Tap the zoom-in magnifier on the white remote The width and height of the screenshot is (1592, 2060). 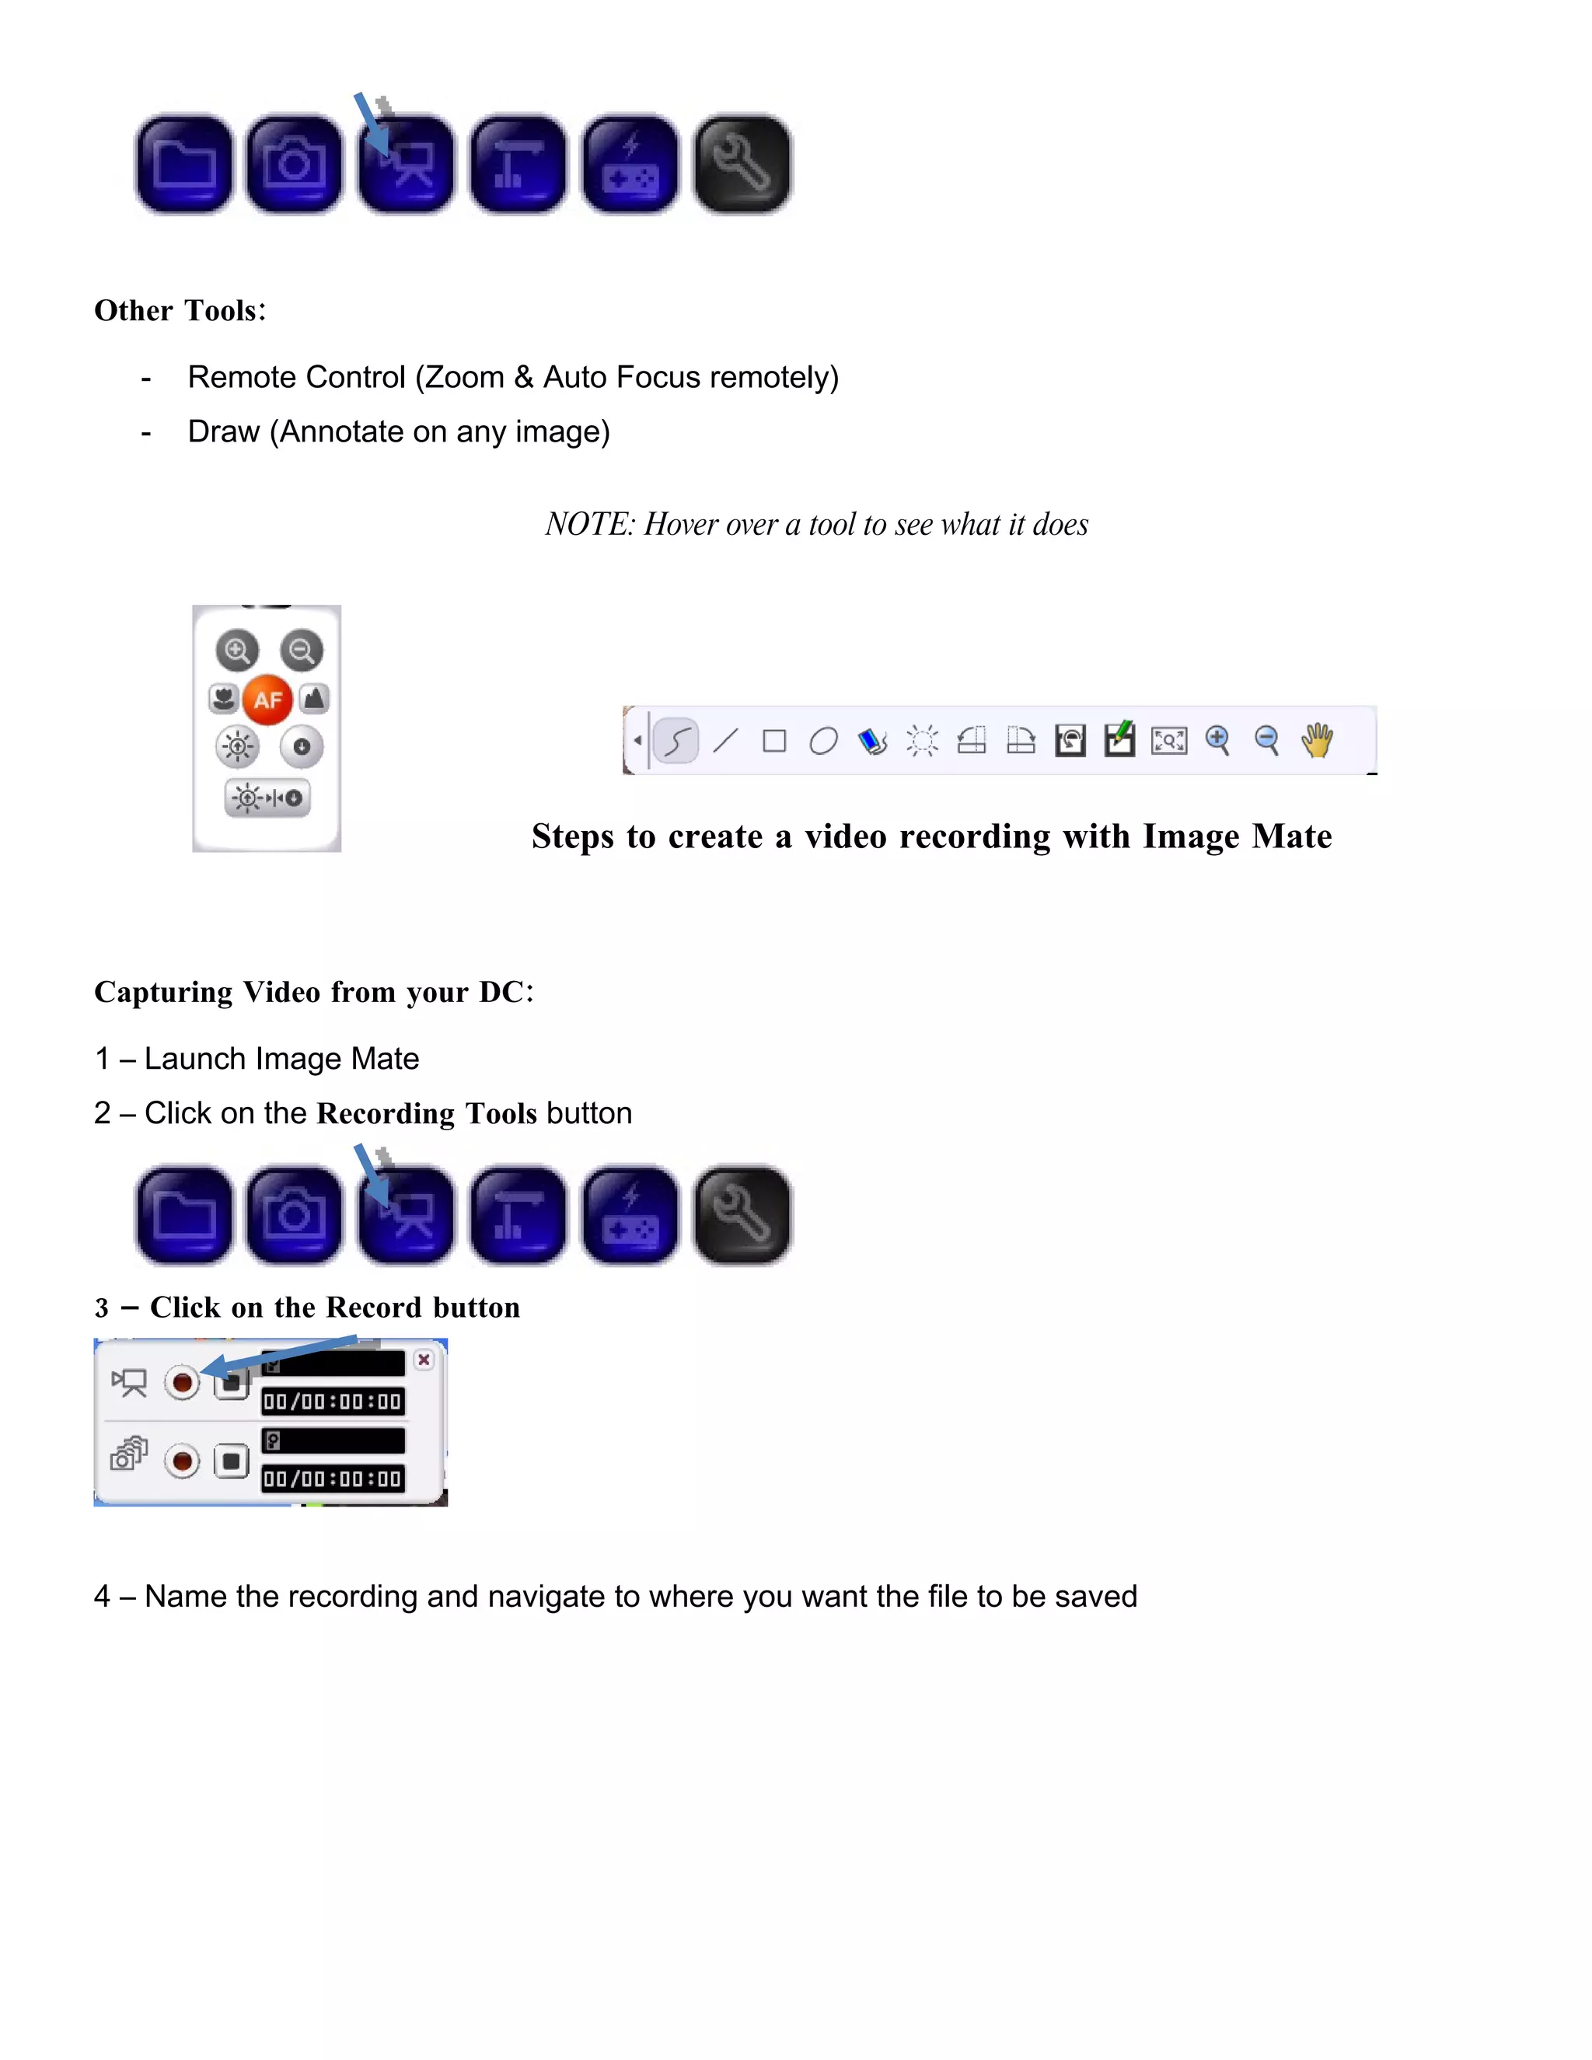point(237,650)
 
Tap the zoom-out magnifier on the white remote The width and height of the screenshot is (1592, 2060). point(302,650)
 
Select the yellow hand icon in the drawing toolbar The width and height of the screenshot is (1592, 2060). point(1317,740)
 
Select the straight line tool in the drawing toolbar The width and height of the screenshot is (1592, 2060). point(725,740)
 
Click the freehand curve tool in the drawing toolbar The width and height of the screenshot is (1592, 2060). point(676,740)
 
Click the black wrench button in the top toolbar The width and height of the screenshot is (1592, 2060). point(742,164)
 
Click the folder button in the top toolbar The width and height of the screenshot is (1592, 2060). point(184,164)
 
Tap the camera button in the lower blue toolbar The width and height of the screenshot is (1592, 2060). point(295,1215)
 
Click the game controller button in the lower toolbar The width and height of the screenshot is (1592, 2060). point(630,1215)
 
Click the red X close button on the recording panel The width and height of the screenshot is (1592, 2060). point(424,1359)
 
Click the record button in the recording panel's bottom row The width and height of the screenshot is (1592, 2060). point(182,1461)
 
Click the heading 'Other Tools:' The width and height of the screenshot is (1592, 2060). point(180,310)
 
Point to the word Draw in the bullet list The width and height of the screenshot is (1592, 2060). point(224,431)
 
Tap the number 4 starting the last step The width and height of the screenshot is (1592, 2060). point(103,1596)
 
